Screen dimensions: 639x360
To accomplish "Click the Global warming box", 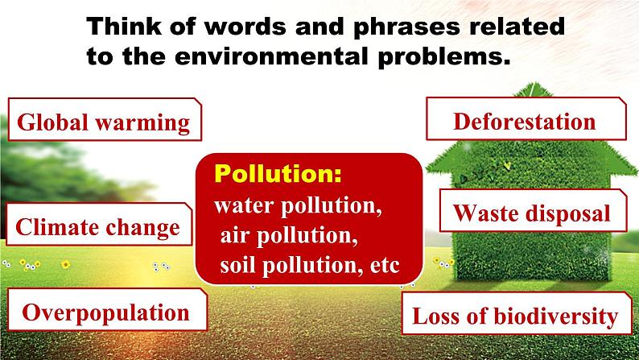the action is point(105,119).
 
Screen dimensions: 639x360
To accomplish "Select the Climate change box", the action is point(99,224).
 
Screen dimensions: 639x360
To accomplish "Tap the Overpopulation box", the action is point(107,309).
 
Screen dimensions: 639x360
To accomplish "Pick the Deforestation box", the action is point(526,118).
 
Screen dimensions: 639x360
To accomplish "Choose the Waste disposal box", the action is point(533,211).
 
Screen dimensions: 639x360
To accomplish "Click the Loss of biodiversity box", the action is point(517,313).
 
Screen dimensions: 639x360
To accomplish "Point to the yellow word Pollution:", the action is point(278,174).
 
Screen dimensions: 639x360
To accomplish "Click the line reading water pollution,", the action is point(298,206).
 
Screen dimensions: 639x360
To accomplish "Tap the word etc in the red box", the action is point(385,266).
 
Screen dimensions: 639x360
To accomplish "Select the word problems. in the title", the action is point(444,57).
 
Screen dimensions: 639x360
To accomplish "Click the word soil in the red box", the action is point(237,266).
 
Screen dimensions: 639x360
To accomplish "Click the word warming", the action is point(142,123).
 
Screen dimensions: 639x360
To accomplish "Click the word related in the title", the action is point(517,26).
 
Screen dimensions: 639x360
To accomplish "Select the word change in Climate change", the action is point(142,228).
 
